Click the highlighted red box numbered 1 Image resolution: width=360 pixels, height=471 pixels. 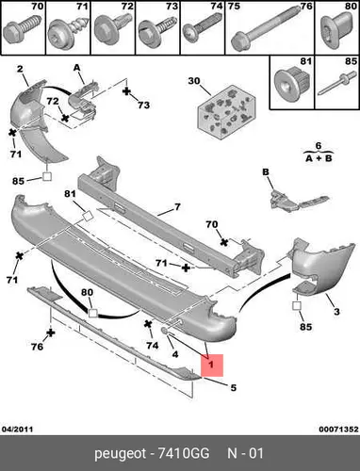pos(212,365)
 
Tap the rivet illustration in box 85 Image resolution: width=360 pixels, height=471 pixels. pos(337,83)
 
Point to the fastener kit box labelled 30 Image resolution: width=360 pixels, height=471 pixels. pos(226,112)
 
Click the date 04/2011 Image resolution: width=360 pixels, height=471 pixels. pos(17,429)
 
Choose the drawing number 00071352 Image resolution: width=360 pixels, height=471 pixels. pos(338,429)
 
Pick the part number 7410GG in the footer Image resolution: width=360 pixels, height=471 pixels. pos(183,453)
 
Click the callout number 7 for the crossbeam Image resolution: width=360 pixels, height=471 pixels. pos(177,207)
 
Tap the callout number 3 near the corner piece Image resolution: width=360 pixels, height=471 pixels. pos(336,312)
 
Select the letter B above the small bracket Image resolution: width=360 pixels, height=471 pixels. pos(266,172)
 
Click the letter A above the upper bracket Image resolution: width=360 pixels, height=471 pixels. pos(77,68)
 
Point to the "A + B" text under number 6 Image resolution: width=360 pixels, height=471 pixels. pos(319,158)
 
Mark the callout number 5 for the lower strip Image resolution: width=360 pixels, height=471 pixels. pos(233,388)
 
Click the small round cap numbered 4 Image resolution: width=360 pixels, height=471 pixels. pos(164,331)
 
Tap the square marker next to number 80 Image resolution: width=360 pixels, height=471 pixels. pos(92,313)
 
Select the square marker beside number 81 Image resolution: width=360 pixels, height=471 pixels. pos(88,216)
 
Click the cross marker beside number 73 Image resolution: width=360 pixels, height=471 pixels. pos(126,91)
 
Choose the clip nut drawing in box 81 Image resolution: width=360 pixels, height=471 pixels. pos(292,83)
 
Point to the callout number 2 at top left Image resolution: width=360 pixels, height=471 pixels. pos(20,69)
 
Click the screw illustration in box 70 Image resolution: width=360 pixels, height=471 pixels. pos(23,29)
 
